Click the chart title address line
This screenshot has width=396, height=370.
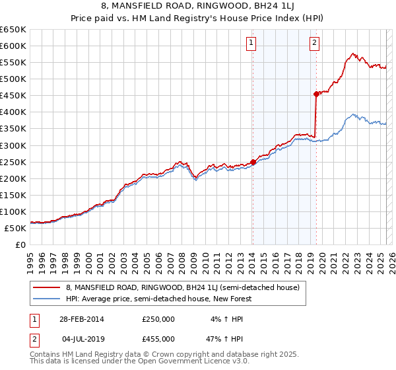(x=198, y=7)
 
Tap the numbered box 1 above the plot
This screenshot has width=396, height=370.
(x=252, y=44)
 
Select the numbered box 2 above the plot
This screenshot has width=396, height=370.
(x=314, y=44)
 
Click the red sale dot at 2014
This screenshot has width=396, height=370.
(x=253, y=162)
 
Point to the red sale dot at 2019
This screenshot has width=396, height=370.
(x=316, y=94)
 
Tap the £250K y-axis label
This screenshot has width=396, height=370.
(x=13, y=162)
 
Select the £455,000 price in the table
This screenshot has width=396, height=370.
(x=158, y=338)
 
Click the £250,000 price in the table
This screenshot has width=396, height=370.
(x=158, y=318)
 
